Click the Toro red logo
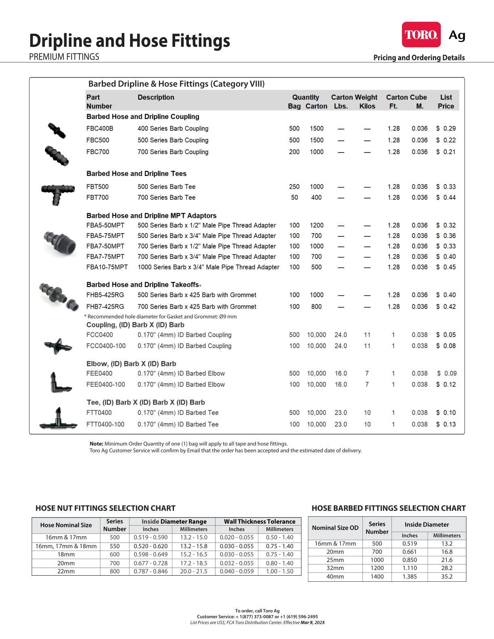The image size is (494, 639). (x=421, y=35)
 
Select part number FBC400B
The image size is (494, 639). (x=100, y=129)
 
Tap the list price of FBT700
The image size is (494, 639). (x=446, y=198)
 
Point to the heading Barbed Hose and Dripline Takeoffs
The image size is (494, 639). (x=142, y=285)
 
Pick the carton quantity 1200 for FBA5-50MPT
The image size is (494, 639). (x=316, y=226)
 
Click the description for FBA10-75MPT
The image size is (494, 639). (x=208, y=267)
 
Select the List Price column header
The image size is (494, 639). (x=446, y=102)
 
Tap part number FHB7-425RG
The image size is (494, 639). (x=105, y=307)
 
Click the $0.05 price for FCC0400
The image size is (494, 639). (x=446, y=335)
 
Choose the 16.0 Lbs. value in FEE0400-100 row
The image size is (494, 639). (x=341, y=385)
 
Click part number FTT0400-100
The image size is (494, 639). (x=105, y=425)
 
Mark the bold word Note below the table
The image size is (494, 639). (x=96, y=444)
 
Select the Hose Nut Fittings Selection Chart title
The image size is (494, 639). (x=105, y=508)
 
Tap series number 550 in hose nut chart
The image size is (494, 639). (x=115, y=546)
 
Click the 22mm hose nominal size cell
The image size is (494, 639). (x=66, y=572)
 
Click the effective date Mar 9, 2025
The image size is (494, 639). (x=312, y=623)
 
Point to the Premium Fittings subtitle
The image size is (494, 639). (x=64, y=57)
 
